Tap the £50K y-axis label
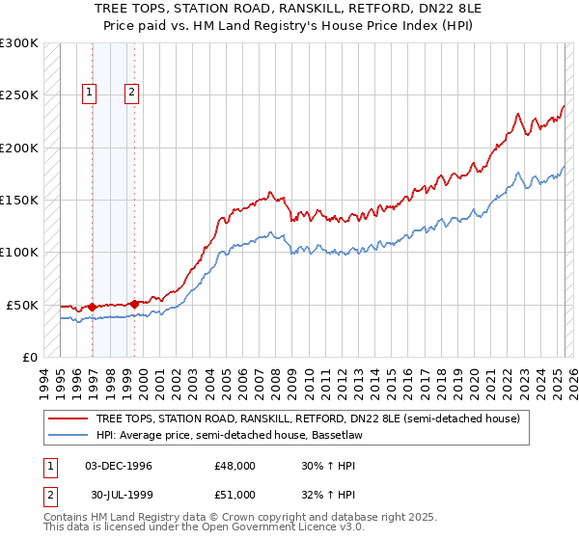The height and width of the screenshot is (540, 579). coord(21,305)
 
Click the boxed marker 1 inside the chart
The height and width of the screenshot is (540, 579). coord(90,94)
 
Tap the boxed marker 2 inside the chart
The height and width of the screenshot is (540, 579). coord(130,94)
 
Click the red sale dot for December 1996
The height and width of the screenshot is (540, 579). coord(93,307)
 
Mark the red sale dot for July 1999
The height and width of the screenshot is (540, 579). coord(134,304)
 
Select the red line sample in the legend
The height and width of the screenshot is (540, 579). coord(69,418)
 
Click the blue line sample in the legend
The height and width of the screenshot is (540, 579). coord(69,436)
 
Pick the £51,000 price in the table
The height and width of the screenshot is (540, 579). coord(235,494)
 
